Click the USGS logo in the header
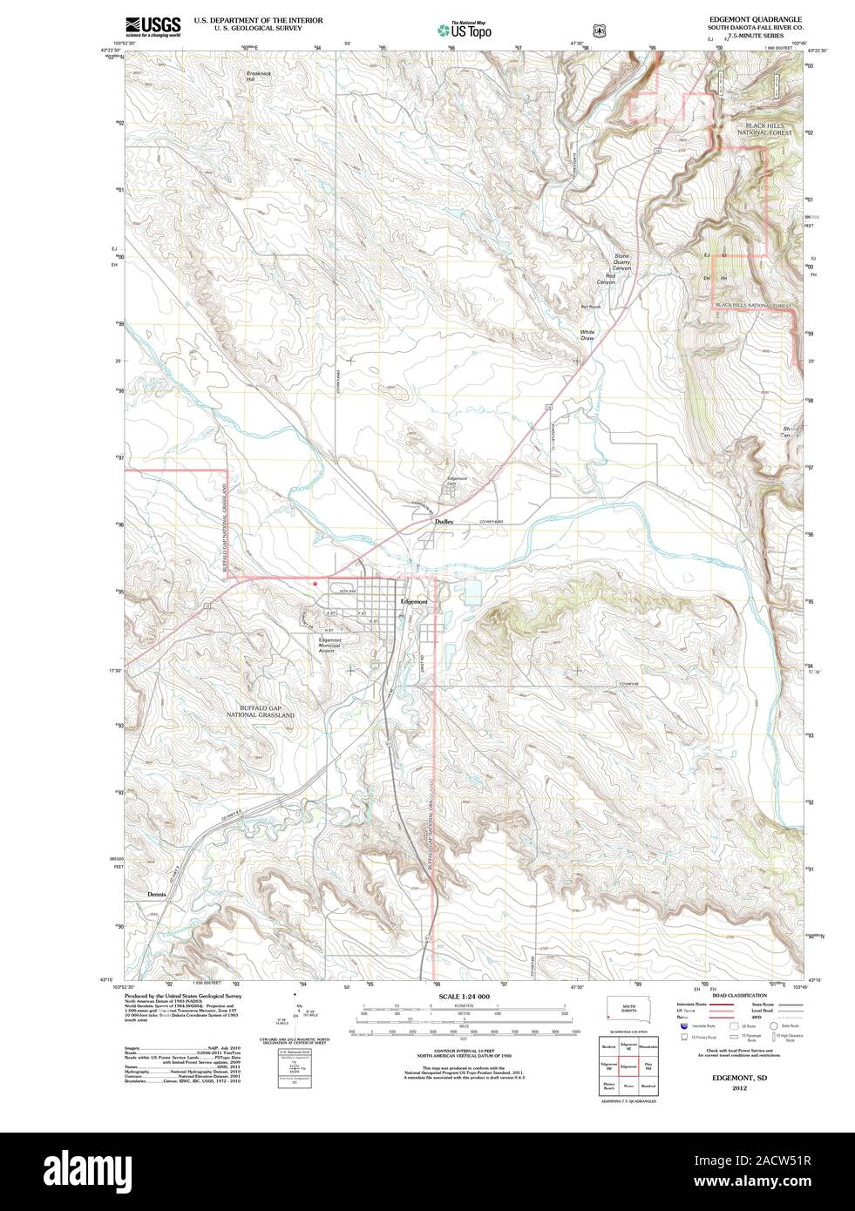tap(153, 26)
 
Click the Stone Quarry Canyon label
tap(621, 262)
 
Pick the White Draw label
tap(587, 335)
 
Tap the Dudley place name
tap(444, 521)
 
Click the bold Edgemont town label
tap(412, 602)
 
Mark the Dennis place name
tap(156, 895)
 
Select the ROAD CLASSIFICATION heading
tap(739, 996)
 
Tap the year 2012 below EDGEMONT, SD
tap(739, 1088)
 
